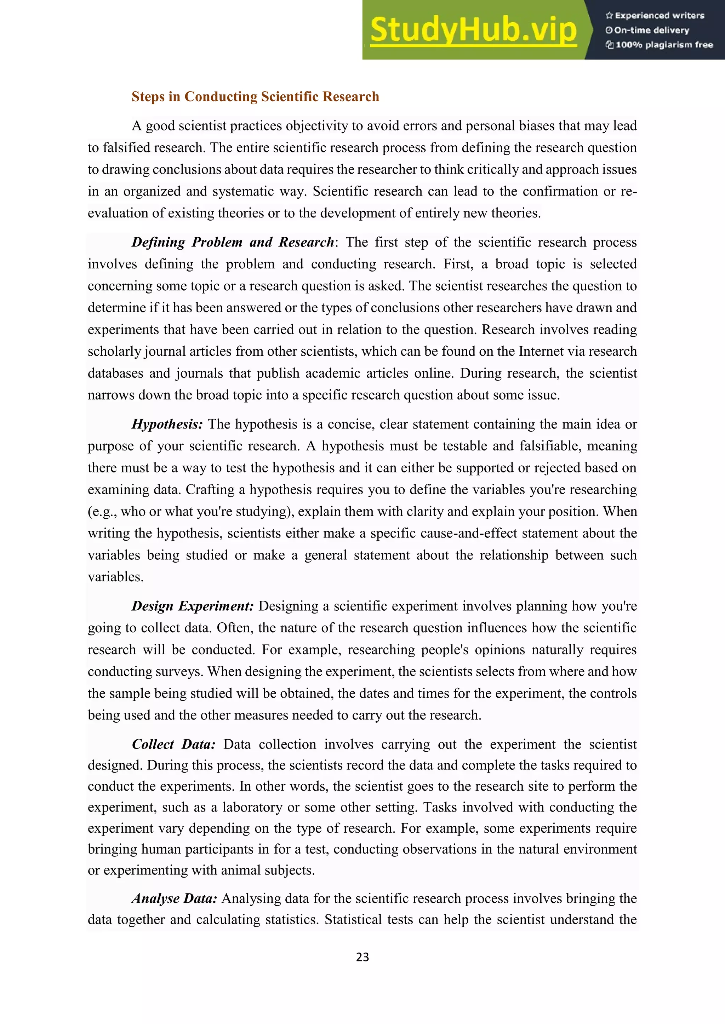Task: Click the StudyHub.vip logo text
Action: pos(473,30)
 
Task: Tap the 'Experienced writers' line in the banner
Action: pos(655,16)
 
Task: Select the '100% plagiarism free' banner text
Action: pos(660,45)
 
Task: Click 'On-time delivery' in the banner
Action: pos(648,30)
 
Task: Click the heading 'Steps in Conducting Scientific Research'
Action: pos(255,97)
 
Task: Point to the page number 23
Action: pos(362,957)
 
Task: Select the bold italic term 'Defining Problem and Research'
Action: pos(232,242)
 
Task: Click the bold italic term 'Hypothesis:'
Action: pos(167,424)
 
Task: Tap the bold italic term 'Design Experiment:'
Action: pos(193,606)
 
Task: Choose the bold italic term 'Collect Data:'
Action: pos(174,744)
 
